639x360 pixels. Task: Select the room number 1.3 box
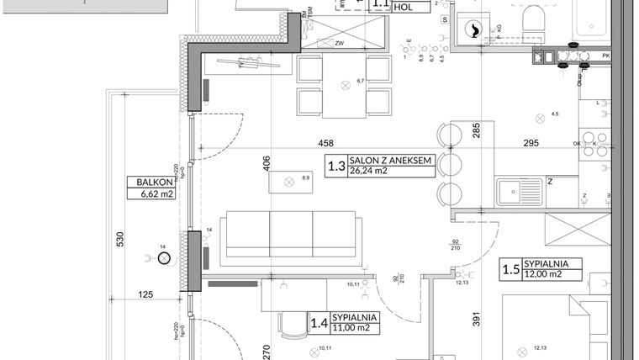pyautogui.click(x=336, y=166)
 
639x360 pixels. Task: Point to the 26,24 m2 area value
pyautogui.click(x=370, y=172)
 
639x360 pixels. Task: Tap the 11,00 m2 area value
pyautogui.click(x=352, y=328)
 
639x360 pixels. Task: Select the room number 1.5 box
pyautogui.click(x=510, y=269)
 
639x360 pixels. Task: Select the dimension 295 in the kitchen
pyautogui.click(x=530, y=144)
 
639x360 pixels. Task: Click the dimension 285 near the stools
pyautogui.click(x=475, y=130)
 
